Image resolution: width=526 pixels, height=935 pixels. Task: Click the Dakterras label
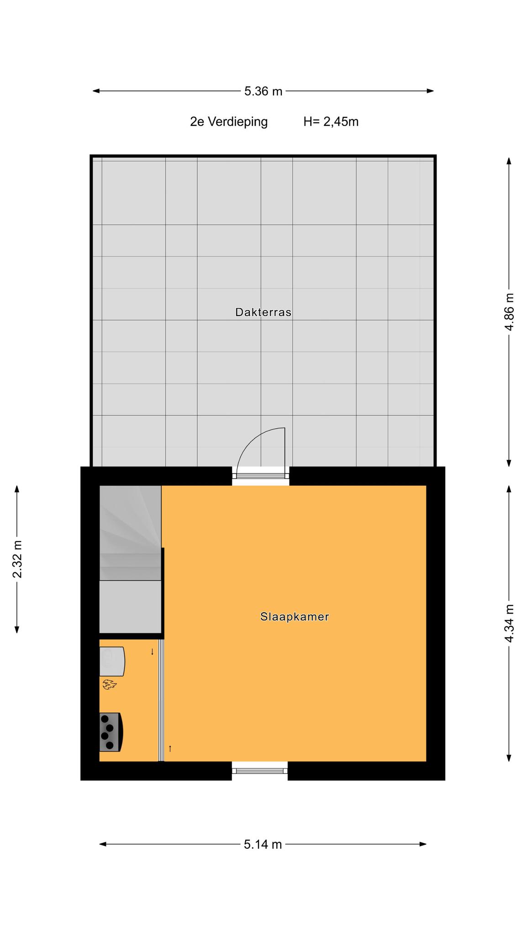(x=263, y=312)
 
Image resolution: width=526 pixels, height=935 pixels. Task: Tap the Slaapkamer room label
(x=295, y=617)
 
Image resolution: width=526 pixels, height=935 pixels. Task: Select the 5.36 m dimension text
(x=263, y=91)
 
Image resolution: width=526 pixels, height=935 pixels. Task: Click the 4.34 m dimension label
(x=510, y=623)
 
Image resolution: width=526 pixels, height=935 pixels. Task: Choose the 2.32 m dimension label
(x=17, y=559)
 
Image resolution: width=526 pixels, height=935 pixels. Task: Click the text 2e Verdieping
(x=229, y=122)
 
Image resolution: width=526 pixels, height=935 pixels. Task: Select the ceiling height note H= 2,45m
(x=331, y=122)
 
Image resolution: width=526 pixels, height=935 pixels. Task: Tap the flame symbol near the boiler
(x=109, y=684)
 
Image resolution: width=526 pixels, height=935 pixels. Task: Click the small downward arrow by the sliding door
(x=152, y=652)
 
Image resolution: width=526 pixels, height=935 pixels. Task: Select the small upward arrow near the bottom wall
(x=170, y=748)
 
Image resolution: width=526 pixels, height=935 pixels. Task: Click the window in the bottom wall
(x=260, y=771)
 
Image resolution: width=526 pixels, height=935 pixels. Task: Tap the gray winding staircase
(x=131, y=559)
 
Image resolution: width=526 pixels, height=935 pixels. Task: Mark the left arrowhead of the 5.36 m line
(x=96, y=91)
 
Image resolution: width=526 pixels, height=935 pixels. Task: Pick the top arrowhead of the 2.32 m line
(x=17, y=489)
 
